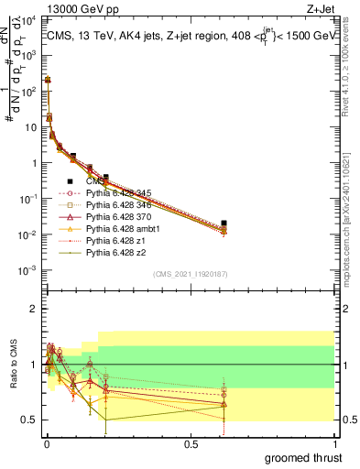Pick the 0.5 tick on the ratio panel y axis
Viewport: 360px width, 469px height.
(x=29, y=420)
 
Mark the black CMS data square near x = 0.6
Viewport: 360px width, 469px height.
(x=224, y=223)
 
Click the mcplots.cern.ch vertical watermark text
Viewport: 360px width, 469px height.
(x=352, y=183)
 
